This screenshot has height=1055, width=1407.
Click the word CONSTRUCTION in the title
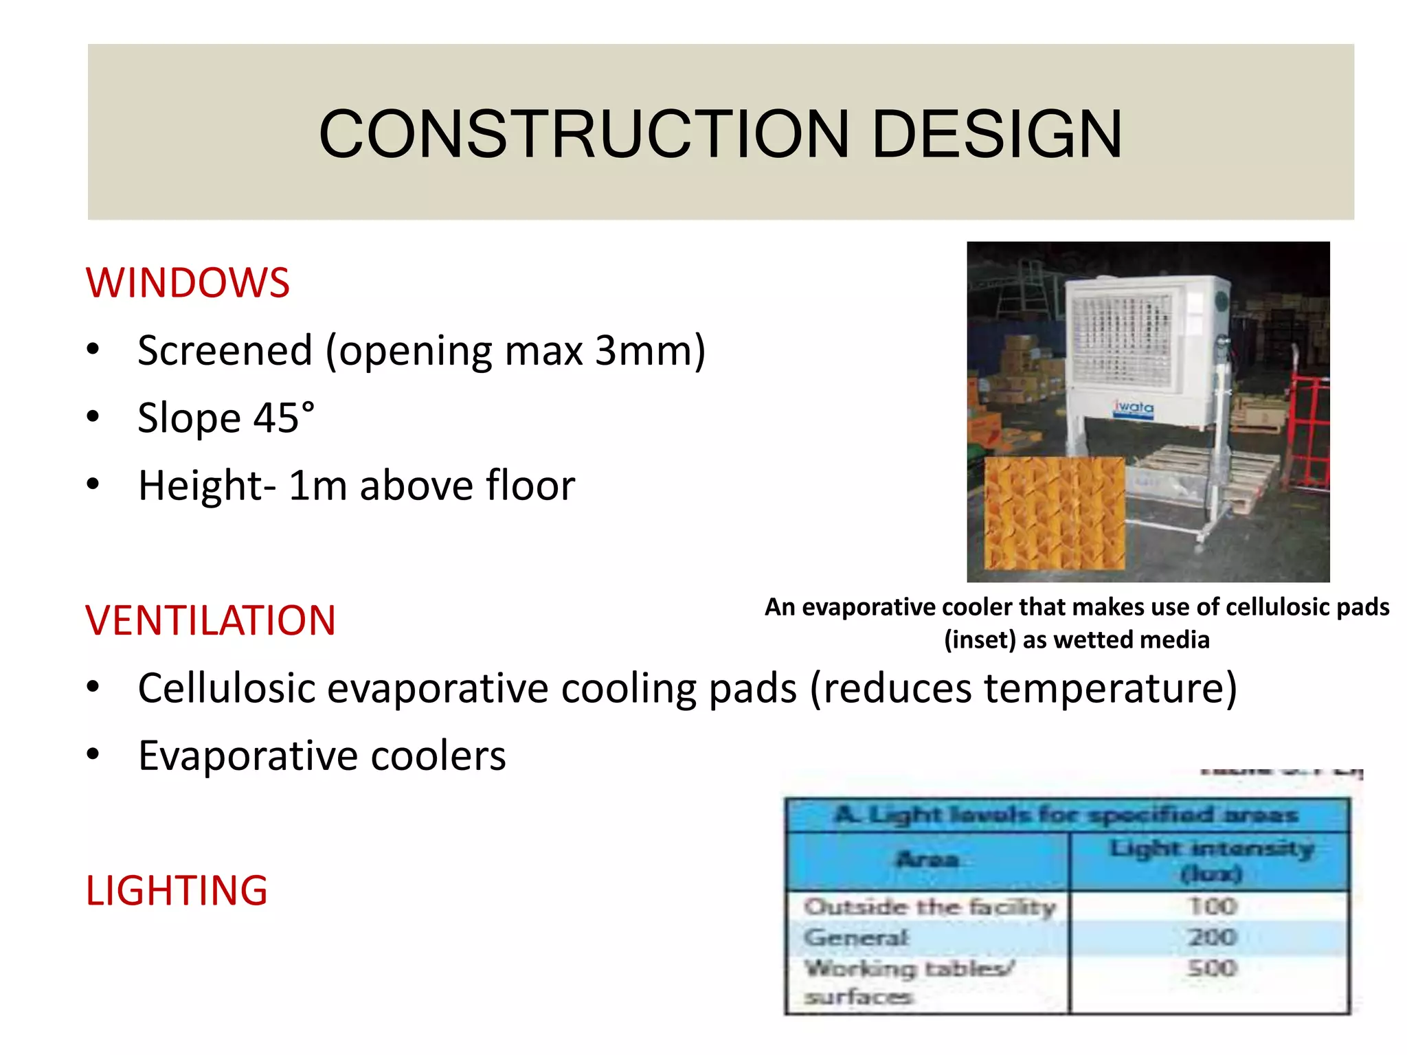(x=584, y=134)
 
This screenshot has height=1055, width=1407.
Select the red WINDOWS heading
(x=188, y=282)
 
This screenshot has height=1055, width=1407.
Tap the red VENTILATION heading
(x=210, y=620)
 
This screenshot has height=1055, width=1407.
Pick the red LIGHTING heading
(x=177, y=890)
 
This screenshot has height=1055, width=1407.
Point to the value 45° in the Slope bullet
(x=284, y=418)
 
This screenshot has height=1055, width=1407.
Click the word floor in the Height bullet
(x=530, y=486)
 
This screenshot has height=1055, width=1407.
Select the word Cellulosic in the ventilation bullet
(x=226, y=688)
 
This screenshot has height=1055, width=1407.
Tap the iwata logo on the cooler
(x=1133, y=407)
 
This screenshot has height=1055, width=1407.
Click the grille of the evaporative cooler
(x=1120, y=340)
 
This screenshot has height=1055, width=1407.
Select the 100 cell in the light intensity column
(x=1212, y=906)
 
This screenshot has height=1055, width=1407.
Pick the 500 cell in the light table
(x=1212, y=968)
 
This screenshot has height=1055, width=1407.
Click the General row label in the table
(x=856, y=937)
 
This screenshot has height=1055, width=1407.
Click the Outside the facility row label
(x=929, y=907)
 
